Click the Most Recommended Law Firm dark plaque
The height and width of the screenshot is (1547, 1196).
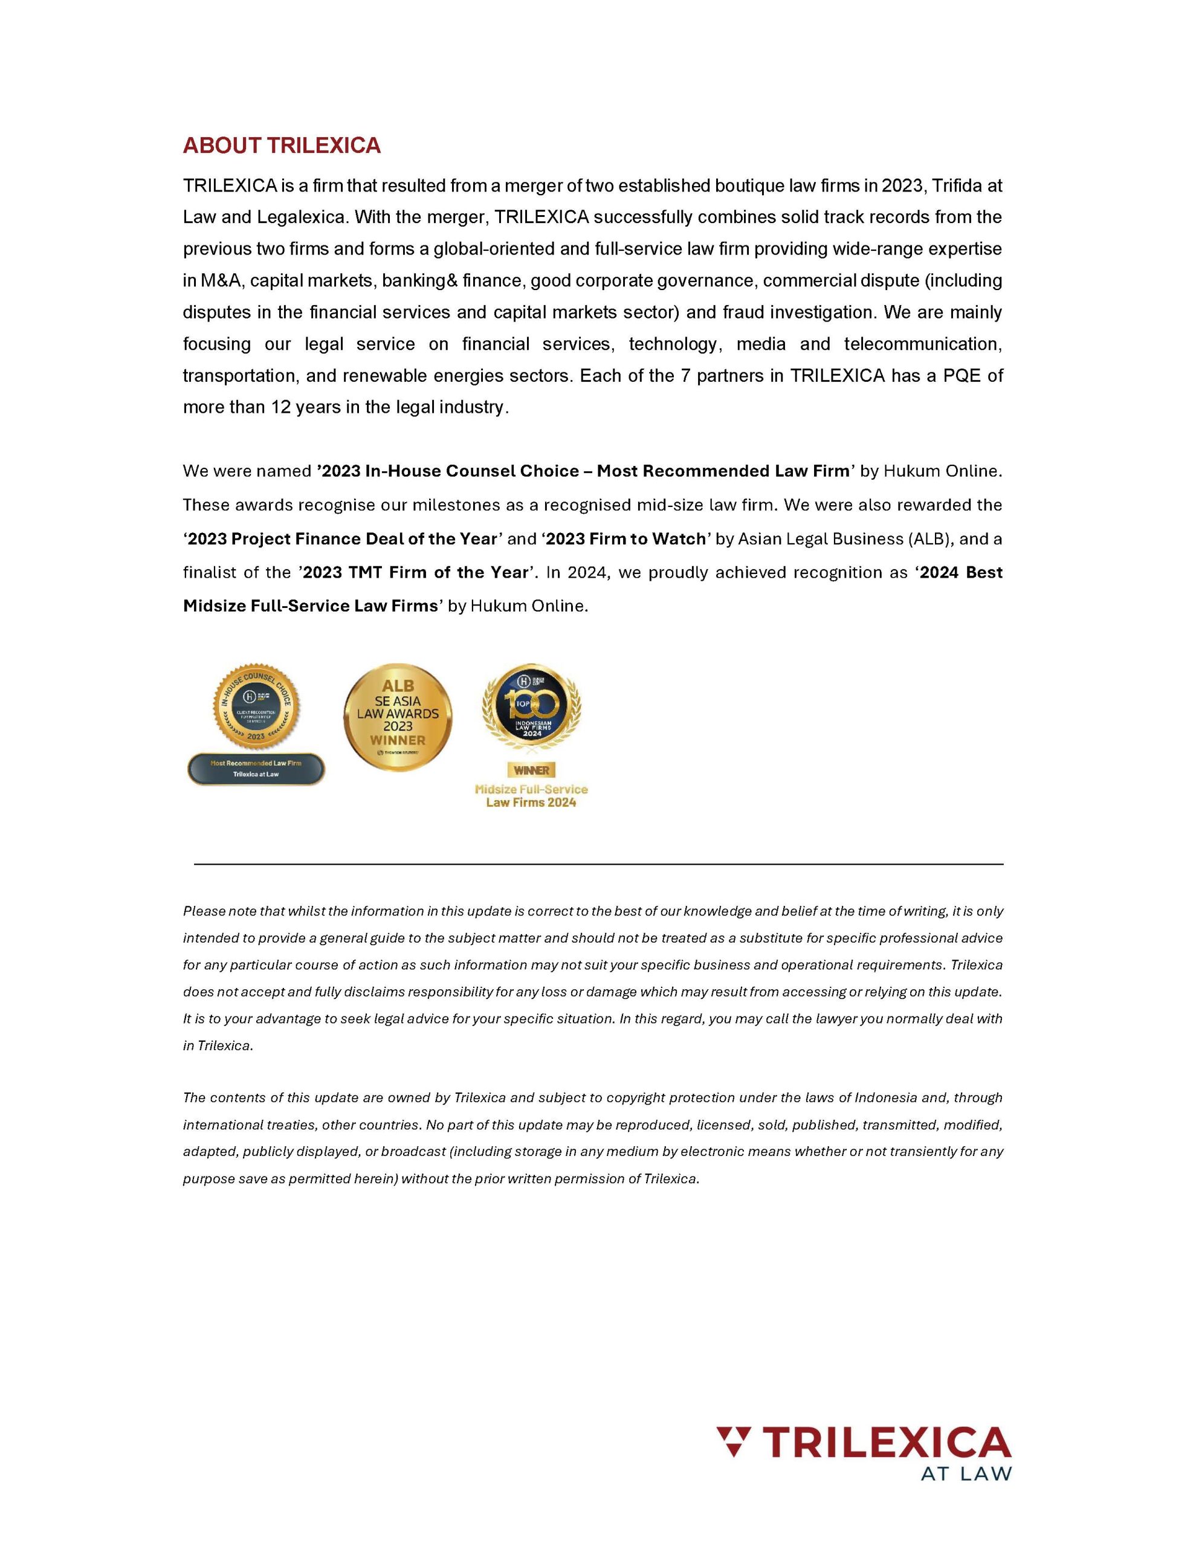coord(256,769)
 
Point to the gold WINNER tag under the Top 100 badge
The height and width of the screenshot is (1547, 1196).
coord(531,770)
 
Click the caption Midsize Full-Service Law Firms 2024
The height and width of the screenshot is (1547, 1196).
coord(531,795)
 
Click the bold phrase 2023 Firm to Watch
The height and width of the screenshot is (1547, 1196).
coord(625,539)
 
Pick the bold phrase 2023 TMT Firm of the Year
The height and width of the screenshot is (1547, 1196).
coord(415,572)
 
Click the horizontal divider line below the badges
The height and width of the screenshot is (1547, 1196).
coord(598,864)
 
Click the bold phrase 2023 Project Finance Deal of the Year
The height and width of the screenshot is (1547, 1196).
coord(342,539)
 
